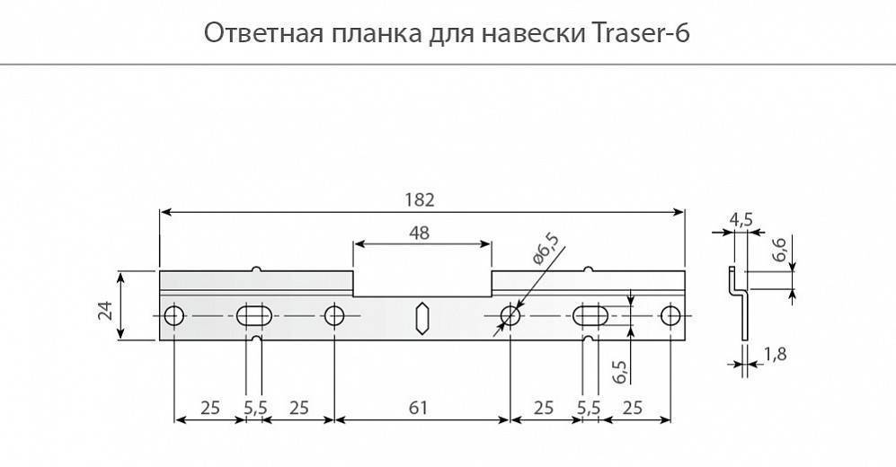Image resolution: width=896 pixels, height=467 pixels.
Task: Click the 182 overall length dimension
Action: coord(420,199)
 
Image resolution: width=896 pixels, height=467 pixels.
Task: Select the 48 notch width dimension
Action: coord(420,233)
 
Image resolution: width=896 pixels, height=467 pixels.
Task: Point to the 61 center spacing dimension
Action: coord(418,408)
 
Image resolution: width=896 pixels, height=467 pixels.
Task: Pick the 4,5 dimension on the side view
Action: coord(741,220)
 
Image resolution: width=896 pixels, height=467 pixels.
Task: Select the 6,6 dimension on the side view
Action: coord(779,250)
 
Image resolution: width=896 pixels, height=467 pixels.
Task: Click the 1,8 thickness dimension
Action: coord(775,355)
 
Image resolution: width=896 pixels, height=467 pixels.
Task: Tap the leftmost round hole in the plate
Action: coord(173,316)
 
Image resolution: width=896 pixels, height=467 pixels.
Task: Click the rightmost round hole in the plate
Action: coord(670,316)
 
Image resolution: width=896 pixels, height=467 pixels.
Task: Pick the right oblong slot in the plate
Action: coord(590,316)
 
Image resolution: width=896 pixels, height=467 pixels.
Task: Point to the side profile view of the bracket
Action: coord(739,304)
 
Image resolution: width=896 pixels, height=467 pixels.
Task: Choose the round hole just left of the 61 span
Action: coord(333,316)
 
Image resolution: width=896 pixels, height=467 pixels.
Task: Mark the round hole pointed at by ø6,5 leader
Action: coord(510,316)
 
